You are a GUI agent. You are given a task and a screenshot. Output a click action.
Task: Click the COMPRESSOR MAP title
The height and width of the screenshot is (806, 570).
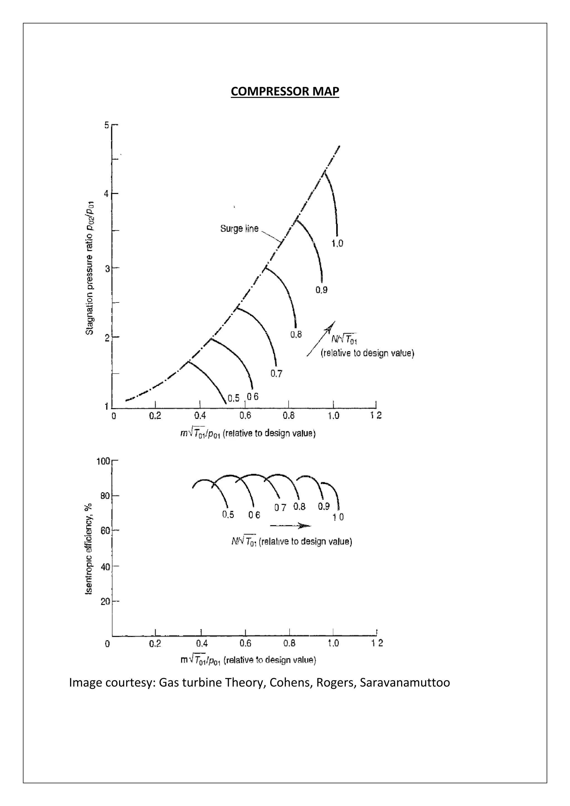pyautogui.click(x=285, y=91)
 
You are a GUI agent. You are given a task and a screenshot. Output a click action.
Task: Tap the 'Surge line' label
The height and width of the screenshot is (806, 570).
pyautogui.click(x=239, y=228)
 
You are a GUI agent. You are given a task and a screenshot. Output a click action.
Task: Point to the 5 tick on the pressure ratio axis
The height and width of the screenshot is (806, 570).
pyautogui.click(x=107, y=125)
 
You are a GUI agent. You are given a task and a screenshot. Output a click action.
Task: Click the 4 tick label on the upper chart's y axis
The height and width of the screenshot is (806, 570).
pyautogui.click(x=107, y=193)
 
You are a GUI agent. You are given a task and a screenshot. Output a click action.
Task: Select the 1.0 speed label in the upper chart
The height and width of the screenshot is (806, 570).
pyautogui.click(x=337, y=243)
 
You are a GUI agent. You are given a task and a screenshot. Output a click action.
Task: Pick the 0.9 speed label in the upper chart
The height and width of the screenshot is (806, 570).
pyautogui.click(x=321, y=290)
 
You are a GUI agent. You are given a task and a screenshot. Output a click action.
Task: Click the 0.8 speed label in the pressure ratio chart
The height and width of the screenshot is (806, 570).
pyautogui.click(x=296, y=334)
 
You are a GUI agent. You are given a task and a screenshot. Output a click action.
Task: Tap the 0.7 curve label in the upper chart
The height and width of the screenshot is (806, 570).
pyautogui.click(x=276, y=374)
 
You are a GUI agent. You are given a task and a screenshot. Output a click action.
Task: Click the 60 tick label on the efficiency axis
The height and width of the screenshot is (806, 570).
pyautogui.click(x=105, y=530)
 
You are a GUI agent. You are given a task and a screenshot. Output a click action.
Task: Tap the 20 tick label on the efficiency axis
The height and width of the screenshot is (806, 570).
pyautogui.click(x=105, y=602)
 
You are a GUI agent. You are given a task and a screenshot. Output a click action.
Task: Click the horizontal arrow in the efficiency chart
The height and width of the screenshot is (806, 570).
pyautogui.click(x=291, y=525)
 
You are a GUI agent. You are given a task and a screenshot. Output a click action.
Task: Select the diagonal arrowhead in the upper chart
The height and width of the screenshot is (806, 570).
pyautogui.click(x=330, y=326)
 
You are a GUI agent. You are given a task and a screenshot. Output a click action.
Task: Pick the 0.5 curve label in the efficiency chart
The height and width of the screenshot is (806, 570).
pyautogui.click(x=228, y=515)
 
